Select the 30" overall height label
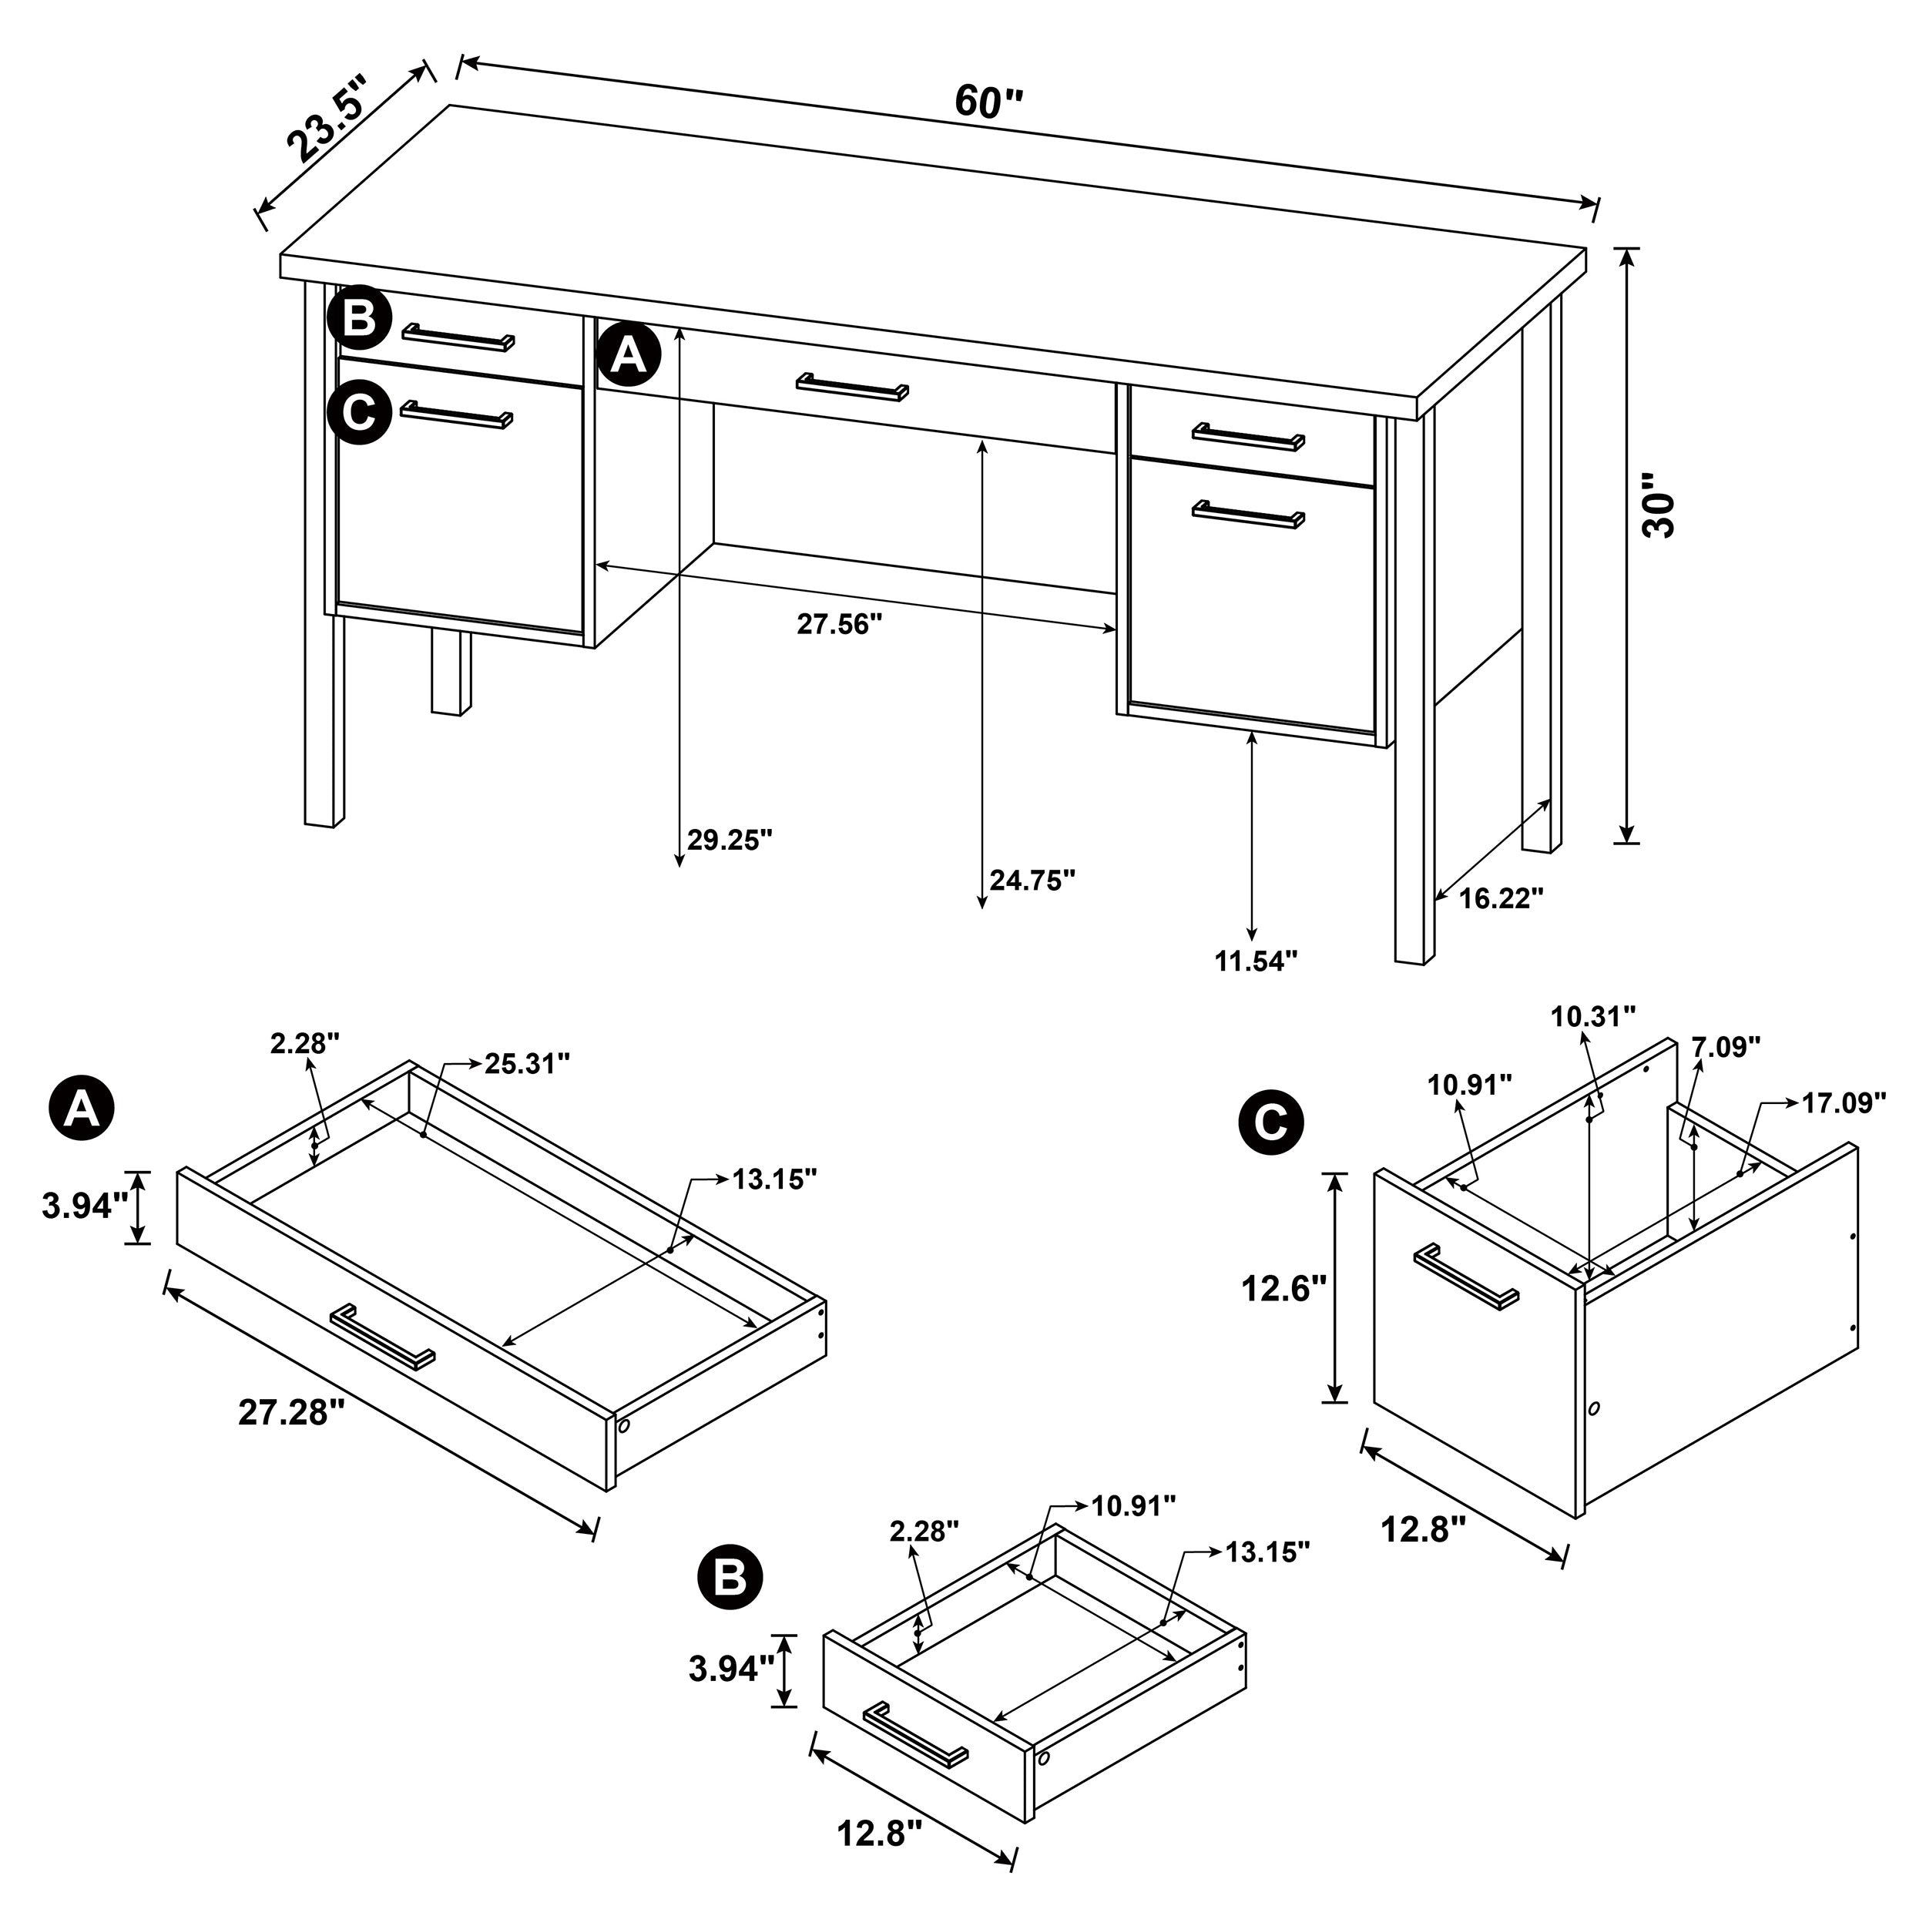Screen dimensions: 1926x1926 point(1659,505)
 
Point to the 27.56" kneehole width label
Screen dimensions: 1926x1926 point(840,624)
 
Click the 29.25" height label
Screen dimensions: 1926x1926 point(730,841)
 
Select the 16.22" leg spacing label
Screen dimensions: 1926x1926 point(1502,898)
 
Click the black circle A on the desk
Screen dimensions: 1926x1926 point(628,354)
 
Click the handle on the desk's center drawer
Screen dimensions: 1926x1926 point(852,387)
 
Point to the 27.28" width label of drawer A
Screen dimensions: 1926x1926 point(291,1413)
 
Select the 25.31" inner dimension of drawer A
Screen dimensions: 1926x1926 point(528,1064)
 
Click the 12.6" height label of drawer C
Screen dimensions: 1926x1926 point(1283,1289)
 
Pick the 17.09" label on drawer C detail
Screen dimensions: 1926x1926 point(1844,1103)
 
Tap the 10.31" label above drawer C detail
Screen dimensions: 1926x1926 point(1593,1017)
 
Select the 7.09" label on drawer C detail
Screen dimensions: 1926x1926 point(1726,1047)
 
